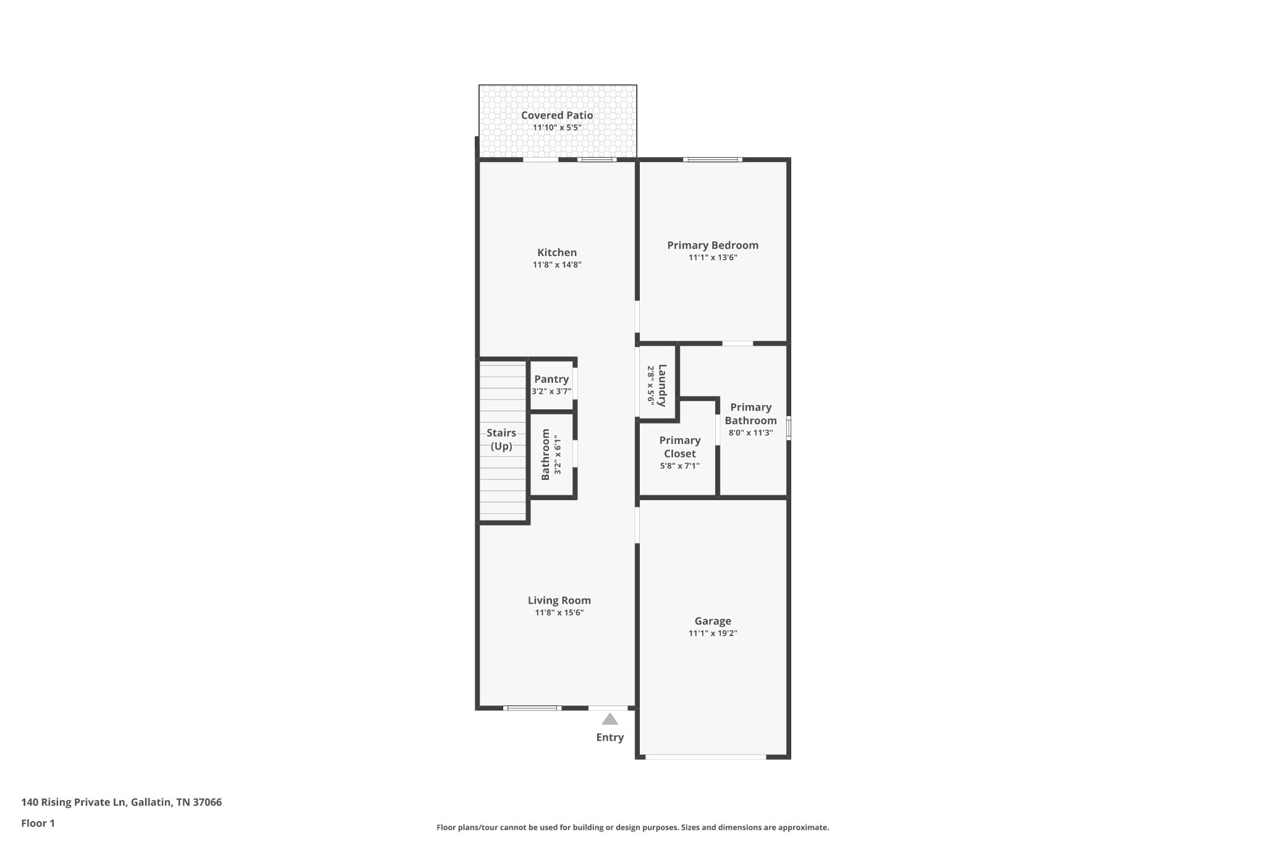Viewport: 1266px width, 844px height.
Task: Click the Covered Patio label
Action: [x=556, y=116]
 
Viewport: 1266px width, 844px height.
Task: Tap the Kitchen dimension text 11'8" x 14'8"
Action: [x=557, y=265]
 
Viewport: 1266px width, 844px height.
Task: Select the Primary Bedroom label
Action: [x=712, y=245]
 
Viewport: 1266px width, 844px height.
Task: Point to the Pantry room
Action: [x=551, y=385]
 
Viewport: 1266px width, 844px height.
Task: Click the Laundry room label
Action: [x=662, y=385]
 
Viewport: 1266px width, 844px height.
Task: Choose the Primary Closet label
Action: [x=679, y=447]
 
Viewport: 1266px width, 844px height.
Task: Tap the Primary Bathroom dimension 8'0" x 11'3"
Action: [x=750, y=433]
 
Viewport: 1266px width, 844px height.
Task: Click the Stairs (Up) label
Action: [x=501, y=440]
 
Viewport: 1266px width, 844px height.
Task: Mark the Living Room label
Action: [x=559, y=600]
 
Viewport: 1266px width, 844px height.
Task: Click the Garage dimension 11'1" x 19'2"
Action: [x=713, y=633]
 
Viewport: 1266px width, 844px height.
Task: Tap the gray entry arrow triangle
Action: [x=610, y=719]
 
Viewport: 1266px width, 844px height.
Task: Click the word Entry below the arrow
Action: [x=610, y=737]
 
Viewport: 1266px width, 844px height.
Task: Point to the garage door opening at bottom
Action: [x=705, y=756]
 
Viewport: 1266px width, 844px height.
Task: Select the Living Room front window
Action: [x=532, y=708]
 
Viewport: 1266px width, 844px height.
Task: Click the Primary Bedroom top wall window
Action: [x=712, y=160]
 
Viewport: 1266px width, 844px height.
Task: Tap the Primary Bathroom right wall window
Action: [x=789, y=428]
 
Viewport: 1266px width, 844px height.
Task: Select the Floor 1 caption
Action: [x=38, y=823]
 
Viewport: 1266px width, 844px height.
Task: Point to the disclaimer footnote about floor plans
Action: [x=632, y=827]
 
